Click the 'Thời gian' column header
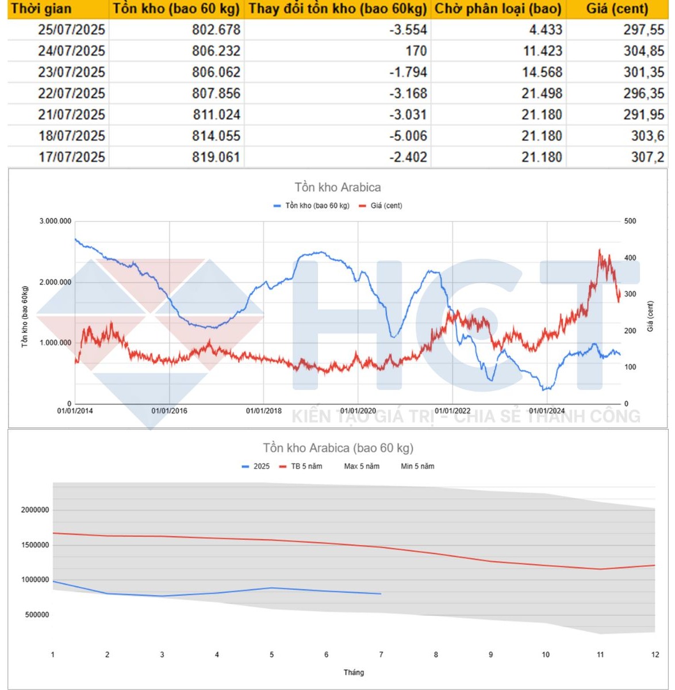coord(41,9)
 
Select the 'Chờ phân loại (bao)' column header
coord(498,9)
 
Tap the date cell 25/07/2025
coord(71,30)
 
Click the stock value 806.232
coord(216,51)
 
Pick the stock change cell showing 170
coord(416,51)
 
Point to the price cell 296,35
coord(644,94)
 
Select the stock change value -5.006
coord(408,136)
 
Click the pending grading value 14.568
coord(542,72)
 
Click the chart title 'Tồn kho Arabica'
coord(337,187)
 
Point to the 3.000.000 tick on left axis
coord(55,221)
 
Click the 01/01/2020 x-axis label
coord(358,411)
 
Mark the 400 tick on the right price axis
coord(630,258)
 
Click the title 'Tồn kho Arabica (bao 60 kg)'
coord(338,448)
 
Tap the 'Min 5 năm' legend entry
coord(417,466)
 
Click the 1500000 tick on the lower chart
coord(35,545)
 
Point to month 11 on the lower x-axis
coord(600,654)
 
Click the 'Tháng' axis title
coord(354,672)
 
